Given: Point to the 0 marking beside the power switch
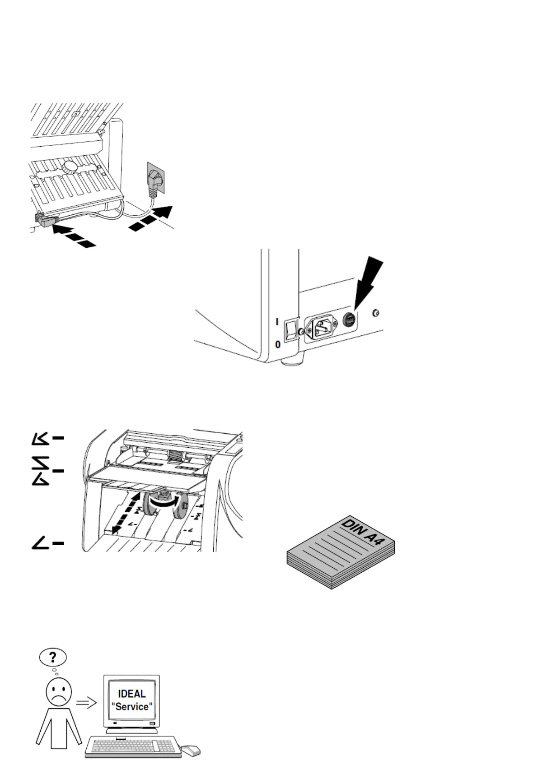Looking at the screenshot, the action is tap(278, 344).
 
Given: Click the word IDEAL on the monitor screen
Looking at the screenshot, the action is tap(132, 694).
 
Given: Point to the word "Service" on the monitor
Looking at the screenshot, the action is tap(132, 707).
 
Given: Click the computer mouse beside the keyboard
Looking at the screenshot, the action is tap(191, 750).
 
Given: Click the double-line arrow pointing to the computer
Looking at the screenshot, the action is tap(86, 703).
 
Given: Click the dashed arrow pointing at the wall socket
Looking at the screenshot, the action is tap(151, 218).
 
